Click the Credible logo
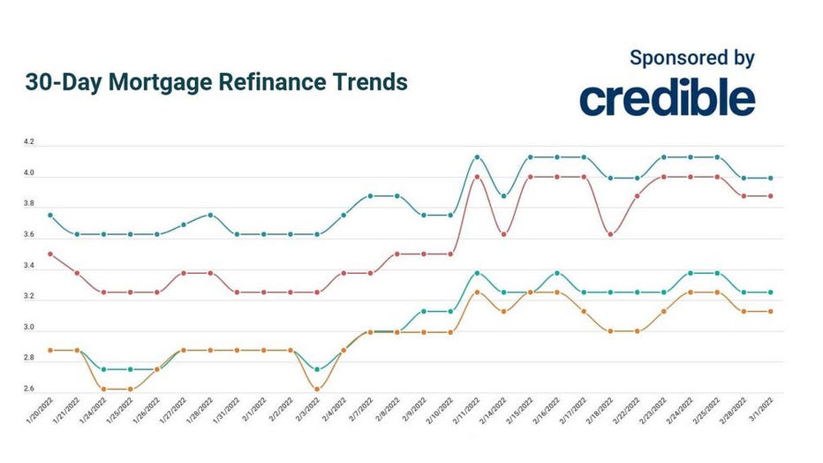(x=667, y=98)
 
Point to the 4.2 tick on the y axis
(x=29, y=141)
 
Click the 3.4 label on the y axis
(x=29, y=266)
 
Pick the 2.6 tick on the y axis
(x=29, y=390)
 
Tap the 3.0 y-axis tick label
(x=29, y=328)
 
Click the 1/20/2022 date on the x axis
(x=40, y=415)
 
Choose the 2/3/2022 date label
(x=307, y=415)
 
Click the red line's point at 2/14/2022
(x=503, y=234)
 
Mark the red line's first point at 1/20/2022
(x=49, y=254)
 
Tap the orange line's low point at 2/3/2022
(x=317, y=389)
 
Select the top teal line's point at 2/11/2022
(x=477, y=157)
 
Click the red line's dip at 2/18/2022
(x=610, y=234)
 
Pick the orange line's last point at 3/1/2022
(x=771, y=311)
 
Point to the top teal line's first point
(x=49, y=215)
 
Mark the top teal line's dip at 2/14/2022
(x=503, y=195)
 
